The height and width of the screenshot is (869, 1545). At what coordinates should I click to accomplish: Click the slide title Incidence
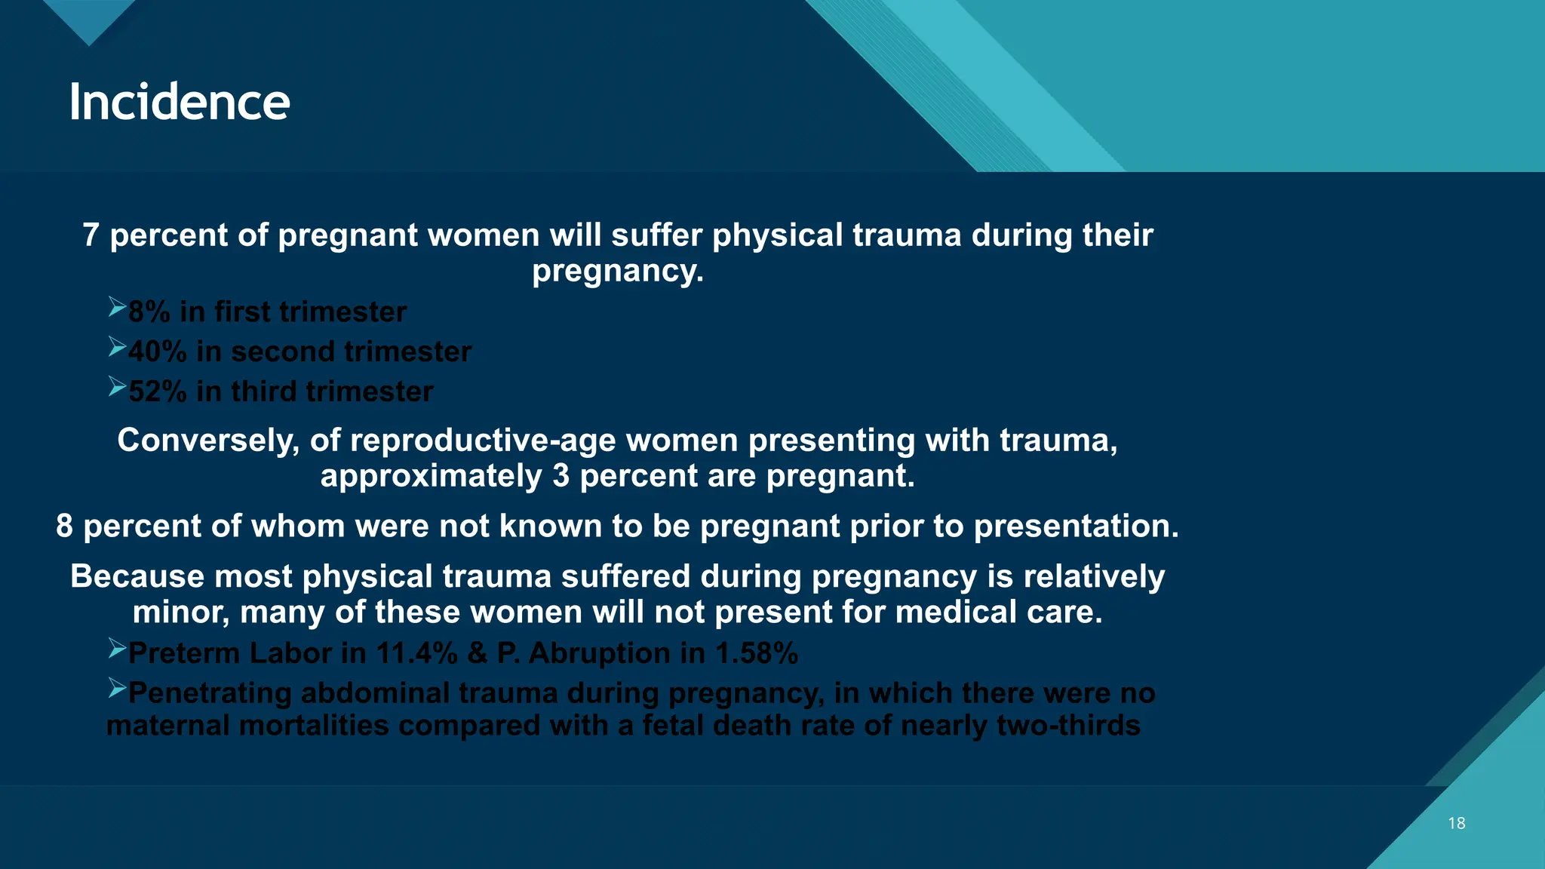(179, 102)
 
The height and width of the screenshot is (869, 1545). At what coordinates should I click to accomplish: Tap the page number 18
(1456, 823)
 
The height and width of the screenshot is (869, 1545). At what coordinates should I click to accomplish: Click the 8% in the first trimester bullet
(149, 312)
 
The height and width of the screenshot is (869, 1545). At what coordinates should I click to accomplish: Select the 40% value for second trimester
(157, 352)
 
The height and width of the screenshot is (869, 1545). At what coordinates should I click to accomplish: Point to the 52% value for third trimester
(157, 392)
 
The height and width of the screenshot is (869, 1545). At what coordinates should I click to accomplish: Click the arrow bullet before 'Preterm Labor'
(116, 649)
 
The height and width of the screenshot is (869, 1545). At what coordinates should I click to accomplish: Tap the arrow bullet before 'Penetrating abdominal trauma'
(116, 688)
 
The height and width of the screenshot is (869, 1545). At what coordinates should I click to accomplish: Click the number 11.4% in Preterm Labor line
(416, 653)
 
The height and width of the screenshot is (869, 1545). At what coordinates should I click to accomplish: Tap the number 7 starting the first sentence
(91, 235)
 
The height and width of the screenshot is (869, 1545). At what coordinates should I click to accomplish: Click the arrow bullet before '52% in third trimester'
(116, 387)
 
